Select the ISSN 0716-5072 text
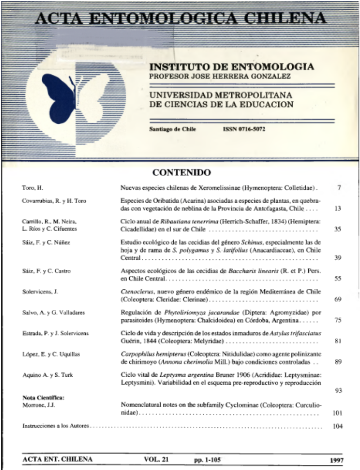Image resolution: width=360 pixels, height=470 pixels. click(x=244, y=129)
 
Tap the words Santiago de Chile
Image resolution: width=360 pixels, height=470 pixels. click(x=172, y=129)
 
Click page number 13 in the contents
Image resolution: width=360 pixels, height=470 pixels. click(x=339, y=209)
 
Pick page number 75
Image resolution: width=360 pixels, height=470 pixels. click(x=339, y=320)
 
